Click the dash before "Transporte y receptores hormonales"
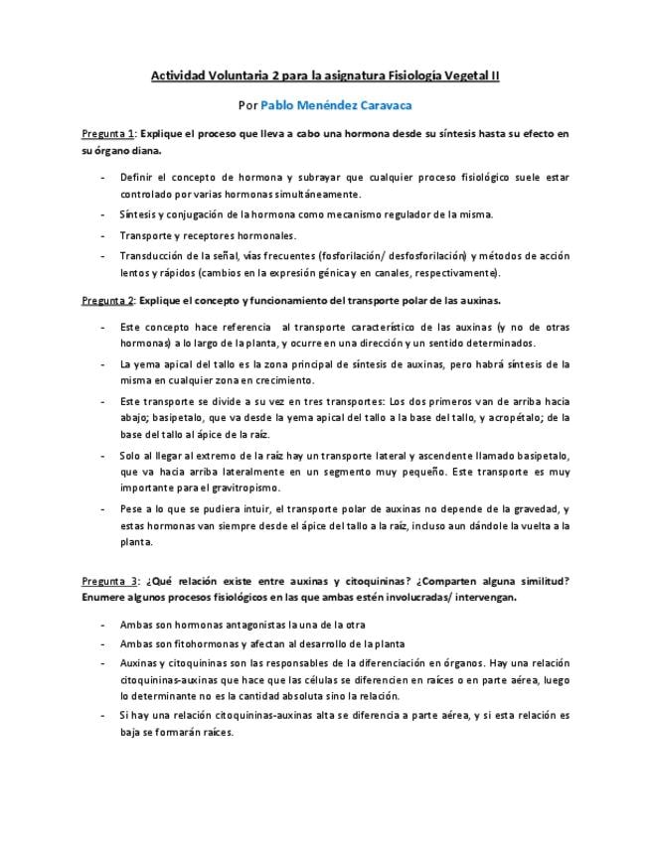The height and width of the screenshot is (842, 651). (x=103, y=235)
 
